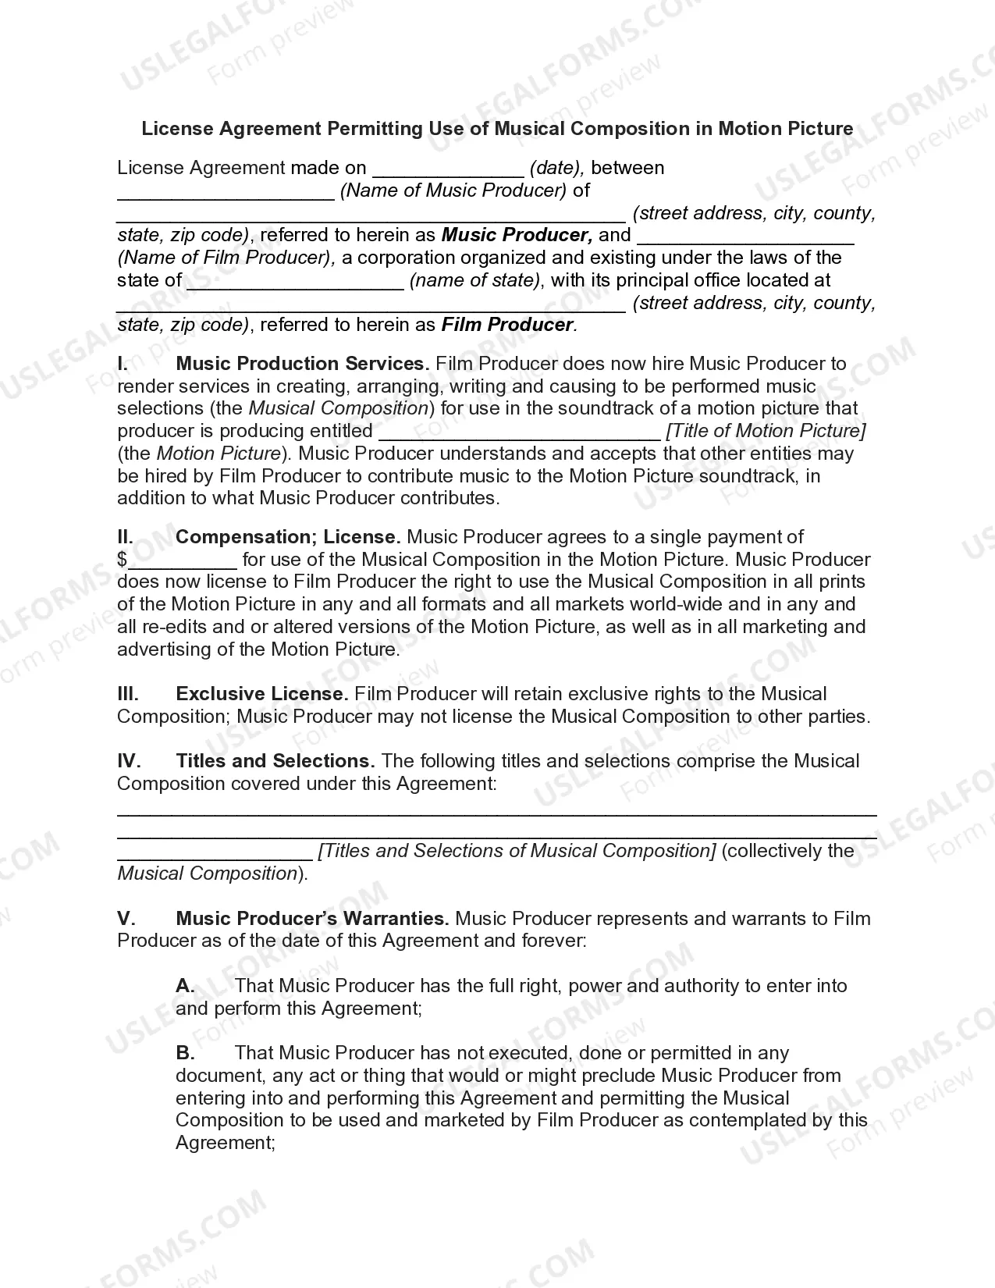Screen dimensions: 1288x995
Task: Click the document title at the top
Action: click(x=497, y=128)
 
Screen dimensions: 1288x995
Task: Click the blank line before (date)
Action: click(x=447, y=169)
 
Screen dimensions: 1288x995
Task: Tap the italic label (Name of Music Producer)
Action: click(x=453, y=190)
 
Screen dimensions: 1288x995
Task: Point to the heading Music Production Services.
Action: click(x=302, y=364)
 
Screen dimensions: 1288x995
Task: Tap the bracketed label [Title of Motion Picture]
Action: click(x=766, y=431)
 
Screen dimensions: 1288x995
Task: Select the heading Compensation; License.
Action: click(x=288, y=537)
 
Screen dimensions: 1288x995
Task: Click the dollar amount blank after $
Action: click(x=183, y=561)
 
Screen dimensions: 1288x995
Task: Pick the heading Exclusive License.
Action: click(x=262, y=694)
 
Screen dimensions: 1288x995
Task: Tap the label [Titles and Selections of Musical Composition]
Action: click(x=517, y=851)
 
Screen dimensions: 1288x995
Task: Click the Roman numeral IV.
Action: click(x=129, y=761)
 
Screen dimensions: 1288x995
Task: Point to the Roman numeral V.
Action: click(x=125, y=919)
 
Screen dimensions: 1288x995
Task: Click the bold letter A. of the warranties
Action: click(x=185, y=986)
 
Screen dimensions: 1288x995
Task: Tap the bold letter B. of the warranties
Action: click(x=185, y=1053)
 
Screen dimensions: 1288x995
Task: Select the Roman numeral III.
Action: click(x=128, y=694)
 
